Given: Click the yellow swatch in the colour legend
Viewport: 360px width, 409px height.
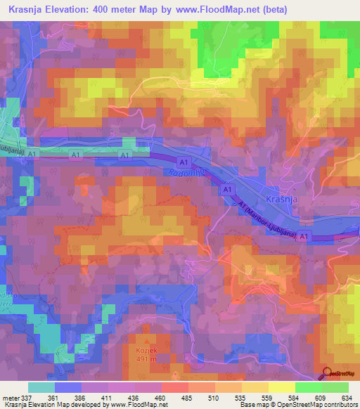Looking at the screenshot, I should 281,387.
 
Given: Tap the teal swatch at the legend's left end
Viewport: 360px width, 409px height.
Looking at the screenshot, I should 41,387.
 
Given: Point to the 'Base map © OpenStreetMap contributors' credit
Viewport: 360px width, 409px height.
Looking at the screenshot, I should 295,405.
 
